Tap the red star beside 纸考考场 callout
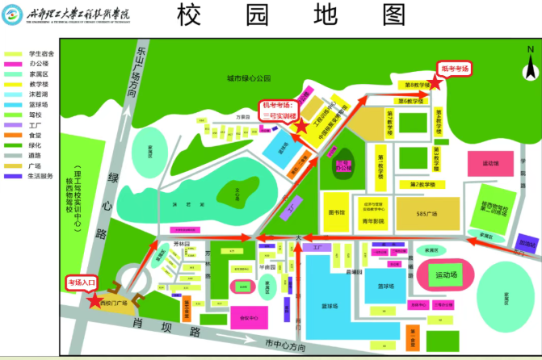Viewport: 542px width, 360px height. (x=435, y=82)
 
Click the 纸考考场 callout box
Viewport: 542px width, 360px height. (x=453, y=69)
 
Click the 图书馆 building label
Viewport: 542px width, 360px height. (x=337, y=212)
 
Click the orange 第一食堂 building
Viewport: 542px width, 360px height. (x=413, y=333)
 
